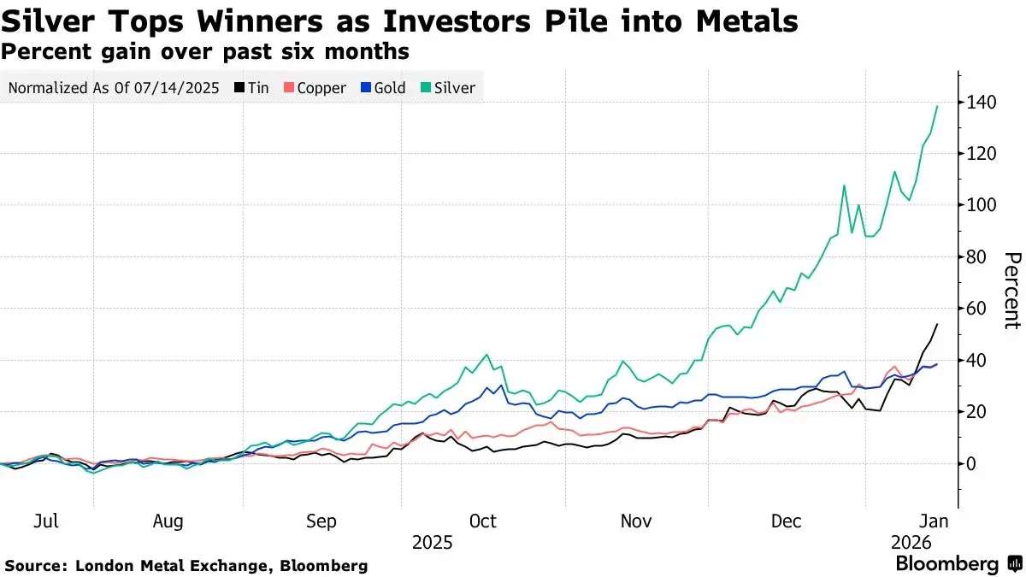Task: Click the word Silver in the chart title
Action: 44,20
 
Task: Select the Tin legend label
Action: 259,87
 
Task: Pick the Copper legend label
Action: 321,87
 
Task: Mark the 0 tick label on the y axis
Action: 971,463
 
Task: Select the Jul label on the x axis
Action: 46,521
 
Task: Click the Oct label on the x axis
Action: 483,521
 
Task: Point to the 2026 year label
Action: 910,542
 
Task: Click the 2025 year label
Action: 432,542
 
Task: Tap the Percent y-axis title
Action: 1012,291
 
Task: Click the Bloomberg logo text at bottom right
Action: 946,564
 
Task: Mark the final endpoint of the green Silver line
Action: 938,106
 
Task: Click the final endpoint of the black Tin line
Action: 938,324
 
